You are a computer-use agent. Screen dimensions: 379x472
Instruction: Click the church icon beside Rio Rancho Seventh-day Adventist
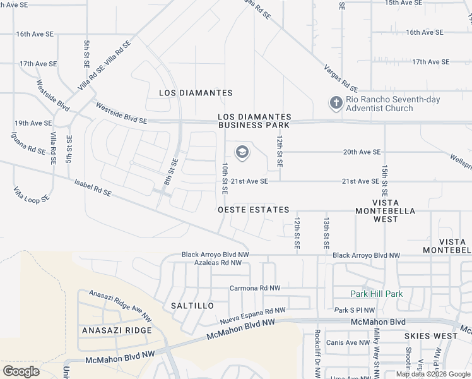coord(336,102)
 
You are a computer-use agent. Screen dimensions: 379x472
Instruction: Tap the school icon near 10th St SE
coord(241,152)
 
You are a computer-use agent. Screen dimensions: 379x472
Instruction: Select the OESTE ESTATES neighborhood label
coord(253,210)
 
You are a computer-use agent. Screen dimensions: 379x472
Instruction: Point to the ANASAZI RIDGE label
coord(117,330)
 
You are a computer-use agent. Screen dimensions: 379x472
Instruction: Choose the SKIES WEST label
coord(432,336)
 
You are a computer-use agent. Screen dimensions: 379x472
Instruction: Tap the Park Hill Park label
coord(376,294)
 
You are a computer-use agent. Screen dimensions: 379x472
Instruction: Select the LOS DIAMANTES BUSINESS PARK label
coord(254,121)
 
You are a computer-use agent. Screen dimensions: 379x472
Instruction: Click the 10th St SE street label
coord(225,174)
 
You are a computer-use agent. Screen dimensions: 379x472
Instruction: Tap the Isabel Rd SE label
coord(93,187)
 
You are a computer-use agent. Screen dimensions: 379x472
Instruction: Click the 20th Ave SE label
coord(362,152)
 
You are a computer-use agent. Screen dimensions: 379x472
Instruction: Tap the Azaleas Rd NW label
coord(218,263)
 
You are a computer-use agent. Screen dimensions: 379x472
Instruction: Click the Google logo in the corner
coord(21,371)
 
